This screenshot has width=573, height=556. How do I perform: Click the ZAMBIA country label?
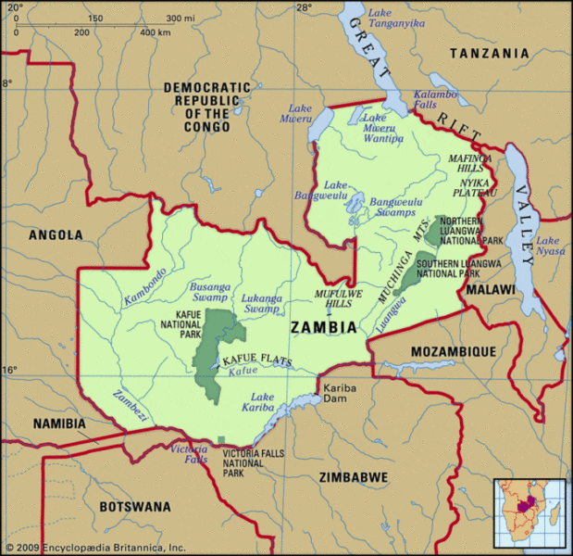coord(323,327)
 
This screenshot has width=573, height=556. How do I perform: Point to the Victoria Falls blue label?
coord(189,454)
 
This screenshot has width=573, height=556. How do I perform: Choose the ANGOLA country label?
coord(56,234)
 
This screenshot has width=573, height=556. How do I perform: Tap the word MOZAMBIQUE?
coord(455,351)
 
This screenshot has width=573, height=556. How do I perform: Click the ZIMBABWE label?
coord(353,476)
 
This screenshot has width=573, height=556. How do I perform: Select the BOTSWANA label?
coord(135,507)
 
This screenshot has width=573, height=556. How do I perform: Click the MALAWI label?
coord(490,289)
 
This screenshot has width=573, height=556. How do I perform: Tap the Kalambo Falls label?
coord(435,100)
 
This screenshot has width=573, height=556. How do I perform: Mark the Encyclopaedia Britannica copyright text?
coord(94,548)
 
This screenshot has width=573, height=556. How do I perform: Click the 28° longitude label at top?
coord(304,7)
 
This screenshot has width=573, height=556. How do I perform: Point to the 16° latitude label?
coord(8,371)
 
